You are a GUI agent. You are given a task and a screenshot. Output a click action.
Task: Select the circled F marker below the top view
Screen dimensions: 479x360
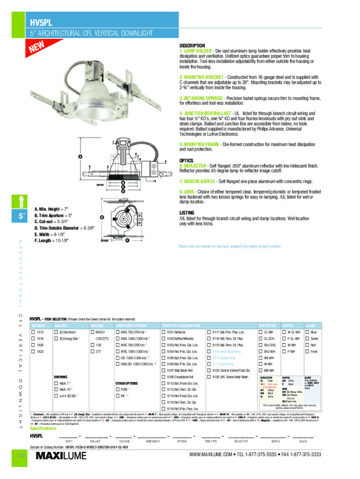point(127,240)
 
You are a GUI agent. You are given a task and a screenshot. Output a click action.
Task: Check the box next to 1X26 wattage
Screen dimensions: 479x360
point(33,345)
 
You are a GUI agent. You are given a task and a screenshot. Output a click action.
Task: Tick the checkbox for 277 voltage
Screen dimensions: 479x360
point(92,351)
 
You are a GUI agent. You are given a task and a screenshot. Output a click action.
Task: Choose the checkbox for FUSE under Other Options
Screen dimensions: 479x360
point(117,389)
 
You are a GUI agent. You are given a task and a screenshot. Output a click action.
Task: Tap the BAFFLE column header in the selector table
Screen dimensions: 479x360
point(288,325)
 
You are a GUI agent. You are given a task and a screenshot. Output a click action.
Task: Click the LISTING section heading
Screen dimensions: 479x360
point(187,212)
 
